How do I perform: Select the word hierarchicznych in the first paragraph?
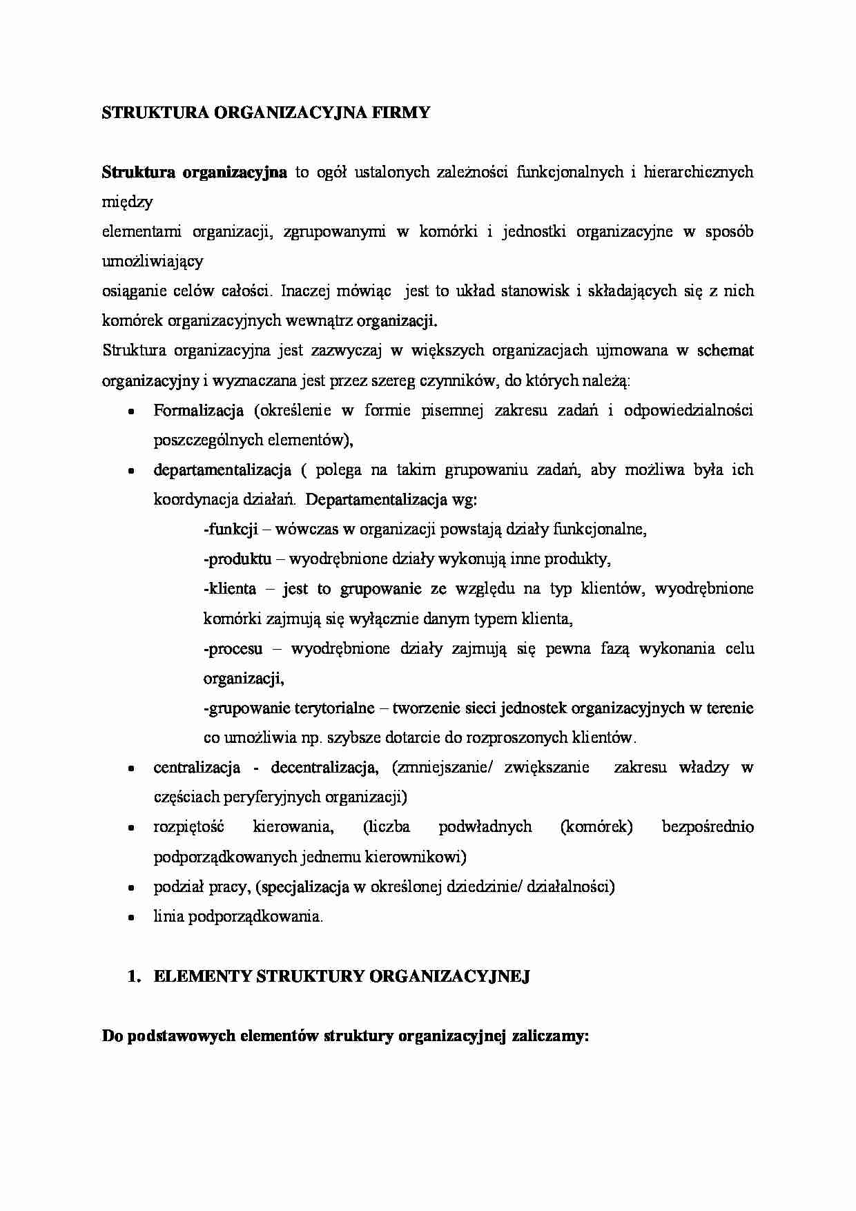698,172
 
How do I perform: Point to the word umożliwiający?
153,262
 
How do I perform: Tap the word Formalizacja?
198,411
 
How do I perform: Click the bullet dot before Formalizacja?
130,411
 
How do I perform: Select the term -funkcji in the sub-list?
231,530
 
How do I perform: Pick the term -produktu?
237,559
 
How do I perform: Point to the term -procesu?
233,649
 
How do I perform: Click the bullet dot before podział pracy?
130,887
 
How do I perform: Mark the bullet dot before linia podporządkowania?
130,918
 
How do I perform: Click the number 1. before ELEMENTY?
135,976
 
